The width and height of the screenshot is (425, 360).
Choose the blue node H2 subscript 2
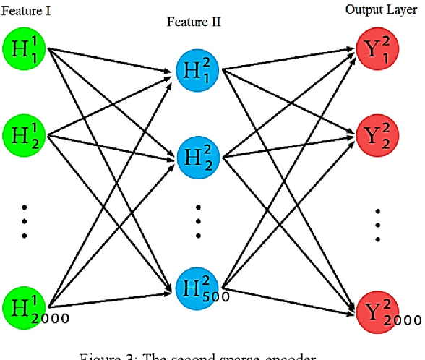[x=197, y=155]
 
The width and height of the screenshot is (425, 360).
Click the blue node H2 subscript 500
[x=197, y=286]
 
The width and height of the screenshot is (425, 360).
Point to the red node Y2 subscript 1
[x=377, y=50]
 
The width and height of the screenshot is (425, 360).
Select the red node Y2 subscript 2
[x=377, y=135]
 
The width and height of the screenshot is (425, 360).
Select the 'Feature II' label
[x=194, y=22]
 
